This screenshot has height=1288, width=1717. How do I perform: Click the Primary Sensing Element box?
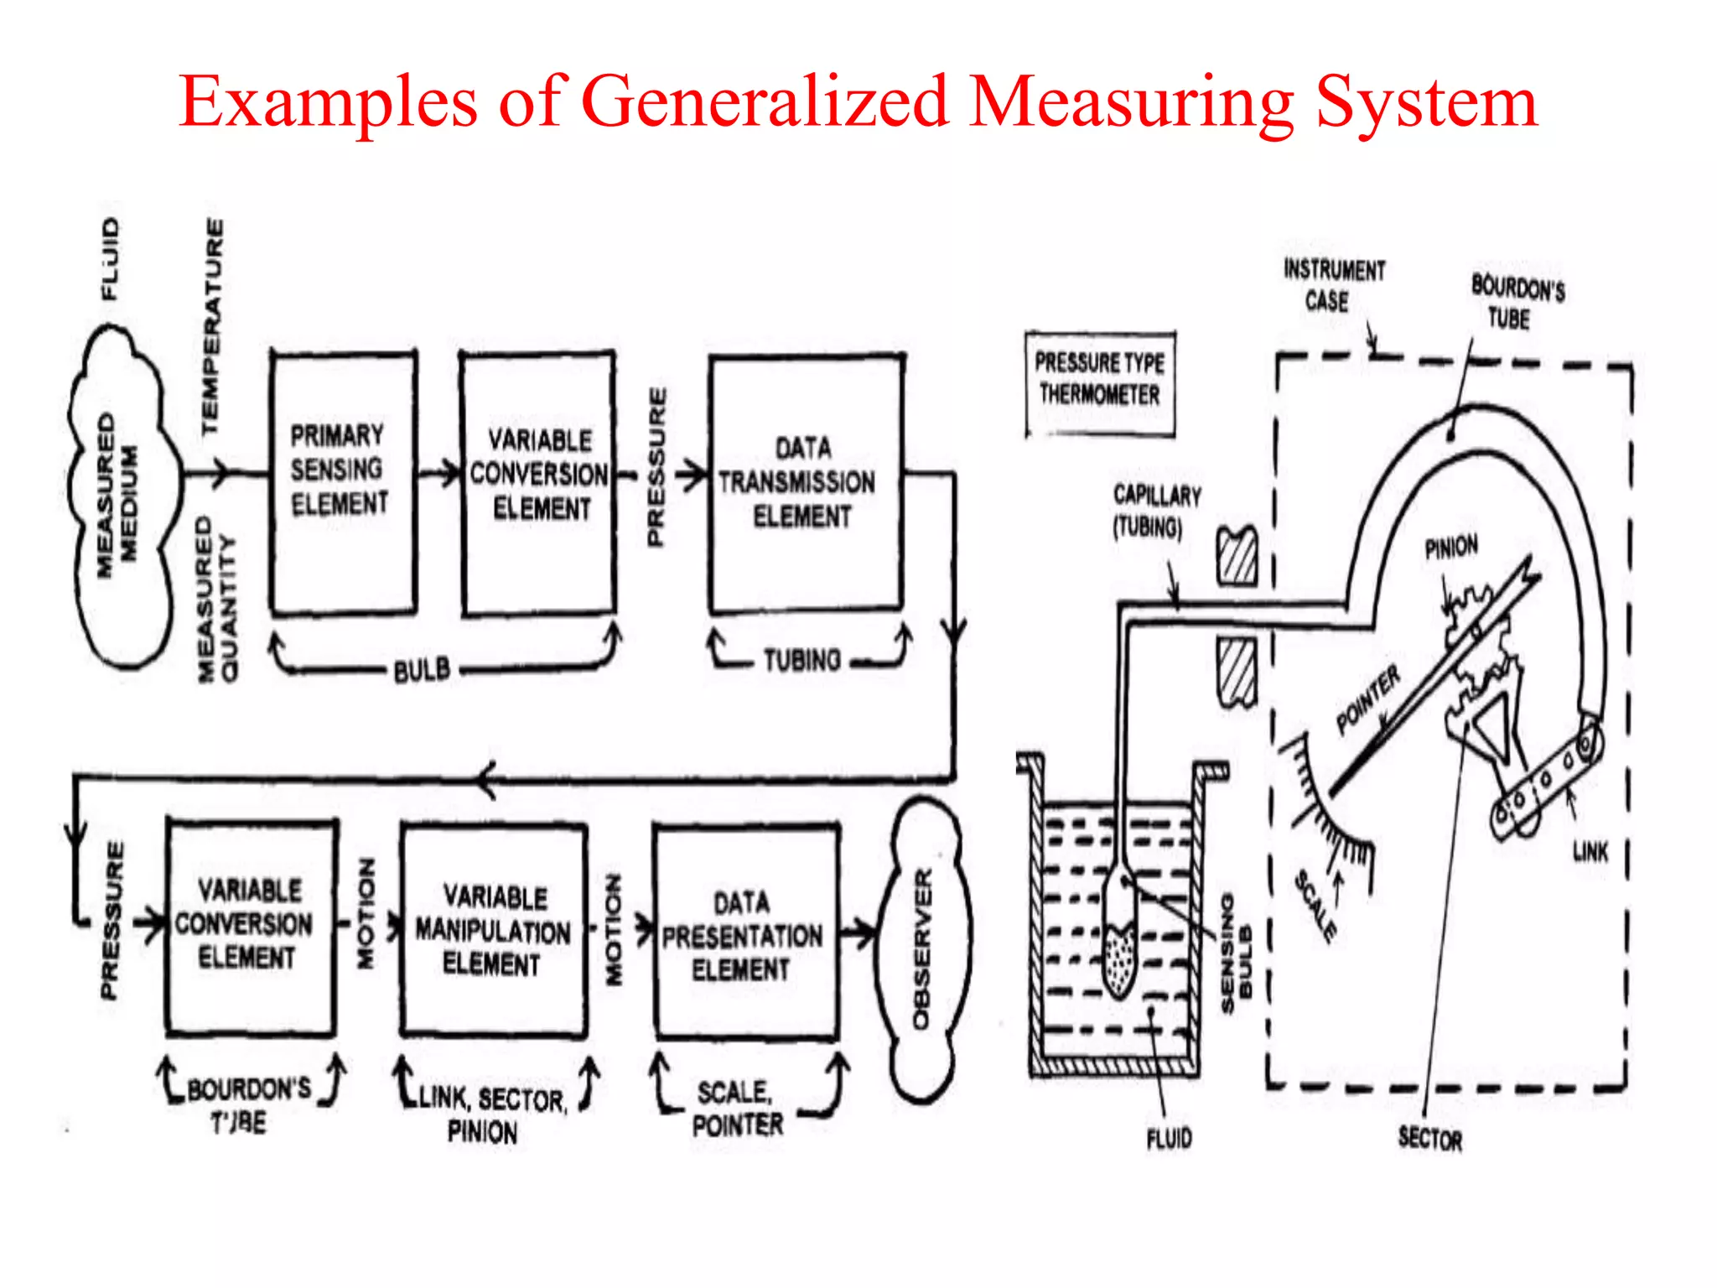[342, 482]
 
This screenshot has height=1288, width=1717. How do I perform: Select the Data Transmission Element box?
[805, 483]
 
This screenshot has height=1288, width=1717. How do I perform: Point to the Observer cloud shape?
[922, 948]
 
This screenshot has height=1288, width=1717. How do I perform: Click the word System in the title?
[1425, 102]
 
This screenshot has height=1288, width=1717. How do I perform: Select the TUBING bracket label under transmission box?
[802, 661]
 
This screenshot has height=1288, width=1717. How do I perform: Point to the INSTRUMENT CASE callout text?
[1333, 285]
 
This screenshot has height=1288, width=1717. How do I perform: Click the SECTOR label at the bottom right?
[1430, 1139]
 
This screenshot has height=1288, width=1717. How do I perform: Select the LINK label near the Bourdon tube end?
[1590, 853]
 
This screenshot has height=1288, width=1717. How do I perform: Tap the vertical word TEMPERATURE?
[213, 327]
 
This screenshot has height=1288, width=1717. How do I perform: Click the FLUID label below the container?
[1169, 1139]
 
